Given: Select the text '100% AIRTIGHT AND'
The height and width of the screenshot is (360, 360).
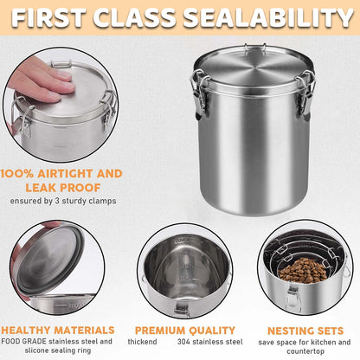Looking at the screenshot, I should (61, 173).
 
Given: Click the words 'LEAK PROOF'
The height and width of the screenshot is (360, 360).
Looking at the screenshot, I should (61, 186).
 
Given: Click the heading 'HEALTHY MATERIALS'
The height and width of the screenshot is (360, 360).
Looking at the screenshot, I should (57, 330).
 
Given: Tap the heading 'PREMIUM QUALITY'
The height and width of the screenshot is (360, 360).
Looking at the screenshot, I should (180, 330).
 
